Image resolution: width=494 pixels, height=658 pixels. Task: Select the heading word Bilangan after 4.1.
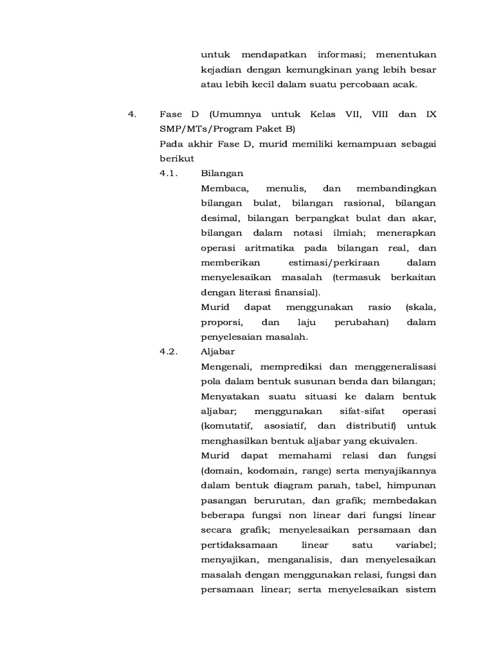click(222, 173)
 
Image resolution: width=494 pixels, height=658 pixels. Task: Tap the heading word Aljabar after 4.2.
click(218, 351)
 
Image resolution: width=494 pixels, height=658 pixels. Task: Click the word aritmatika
click(277, 247)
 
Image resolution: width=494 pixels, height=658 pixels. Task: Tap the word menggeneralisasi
click(394, 366)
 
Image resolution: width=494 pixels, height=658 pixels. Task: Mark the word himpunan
click(410, 485)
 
